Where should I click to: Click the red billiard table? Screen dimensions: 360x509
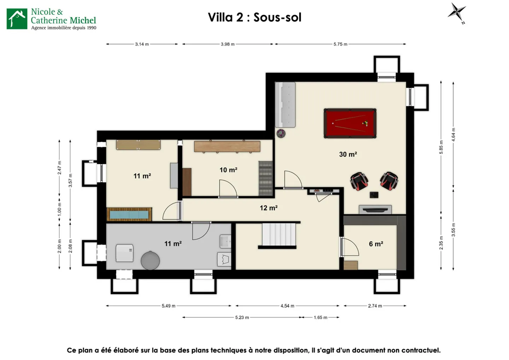[350, 123]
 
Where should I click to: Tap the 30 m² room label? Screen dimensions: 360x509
[348, 155]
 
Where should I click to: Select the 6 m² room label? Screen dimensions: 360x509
[376, 244]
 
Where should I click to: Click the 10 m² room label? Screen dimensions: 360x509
[228, 170]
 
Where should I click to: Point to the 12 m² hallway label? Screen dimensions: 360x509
[268, 208]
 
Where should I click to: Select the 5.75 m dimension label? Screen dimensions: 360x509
[340, 44]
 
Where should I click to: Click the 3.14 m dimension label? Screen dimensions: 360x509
[142, 44]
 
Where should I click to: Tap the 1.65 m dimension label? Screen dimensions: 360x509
[320, 318]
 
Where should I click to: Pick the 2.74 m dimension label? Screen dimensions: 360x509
[375, 306]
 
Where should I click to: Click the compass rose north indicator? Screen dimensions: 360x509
[457, 12]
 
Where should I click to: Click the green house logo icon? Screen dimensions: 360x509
[17, 19]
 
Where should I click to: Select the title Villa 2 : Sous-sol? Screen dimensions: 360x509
[255, 17]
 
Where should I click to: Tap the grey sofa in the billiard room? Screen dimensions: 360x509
[285, 105]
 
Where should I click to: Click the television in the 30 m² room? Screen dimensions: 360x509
[375, 210]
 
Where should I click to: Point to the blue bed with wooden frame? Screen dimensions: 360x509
[129, 214]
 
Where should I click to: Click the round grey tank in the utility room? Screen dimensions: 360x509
[150, 261]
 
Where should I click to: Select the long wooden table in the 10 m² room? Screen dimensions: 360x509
[227, 146]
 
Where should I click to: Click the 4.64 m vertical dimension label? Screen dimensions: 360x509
[454, 135]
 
